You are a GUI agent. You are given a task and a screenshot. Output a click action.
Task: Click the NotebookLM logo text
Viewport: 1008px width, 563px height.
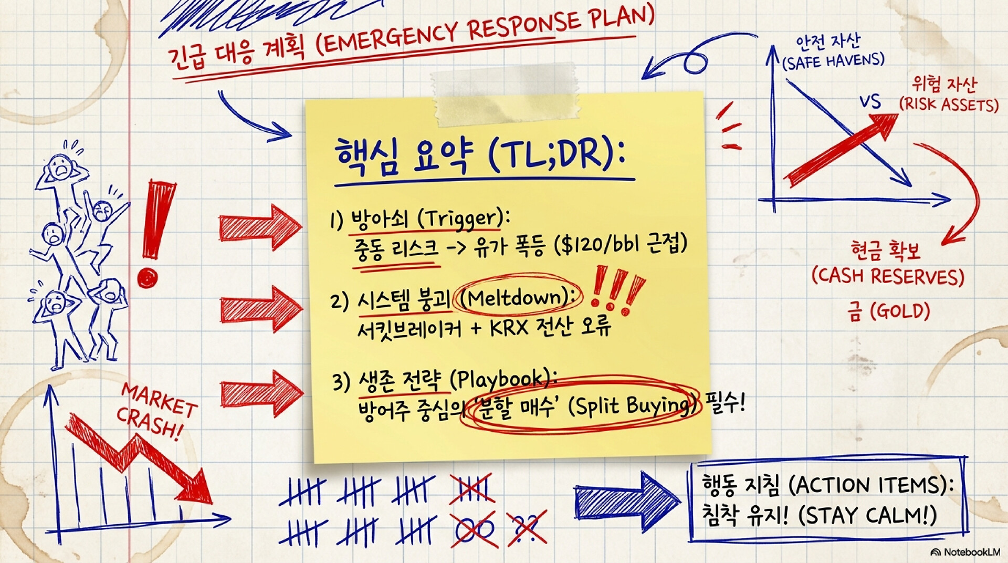tap(971, 552)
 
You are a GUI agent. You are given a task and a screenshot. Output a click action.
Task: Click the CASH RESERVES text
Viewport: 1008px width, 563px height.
tap(888, 276)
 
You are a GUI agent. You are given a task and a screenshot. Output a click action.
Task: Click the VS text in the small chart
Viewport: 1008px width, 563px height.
tap(870, 101)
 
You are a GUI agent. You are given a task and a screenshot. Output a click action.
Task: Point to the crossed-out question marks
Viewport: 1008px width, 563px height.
tap(527, 527)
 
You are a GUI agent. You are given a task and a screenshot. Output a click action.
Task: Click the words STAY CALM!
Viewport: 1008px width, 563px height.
tap(867, 515)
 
